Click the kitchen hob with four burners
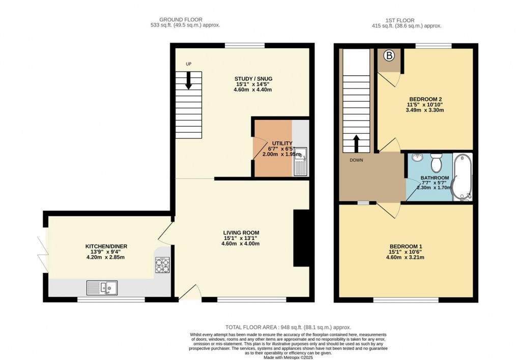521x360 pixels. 162,265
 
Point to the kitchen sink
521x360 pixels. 102,288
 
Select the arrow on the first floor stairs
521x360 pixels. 355,143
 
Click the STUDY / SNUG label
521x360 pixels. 253,79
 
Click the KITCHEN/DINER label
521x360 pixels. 106,247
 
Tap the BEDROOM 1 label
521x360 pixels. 406,247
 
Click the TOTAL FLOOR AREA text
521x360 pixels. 288,327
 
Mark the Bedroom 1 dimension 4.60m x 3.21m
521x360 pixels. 406,257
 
